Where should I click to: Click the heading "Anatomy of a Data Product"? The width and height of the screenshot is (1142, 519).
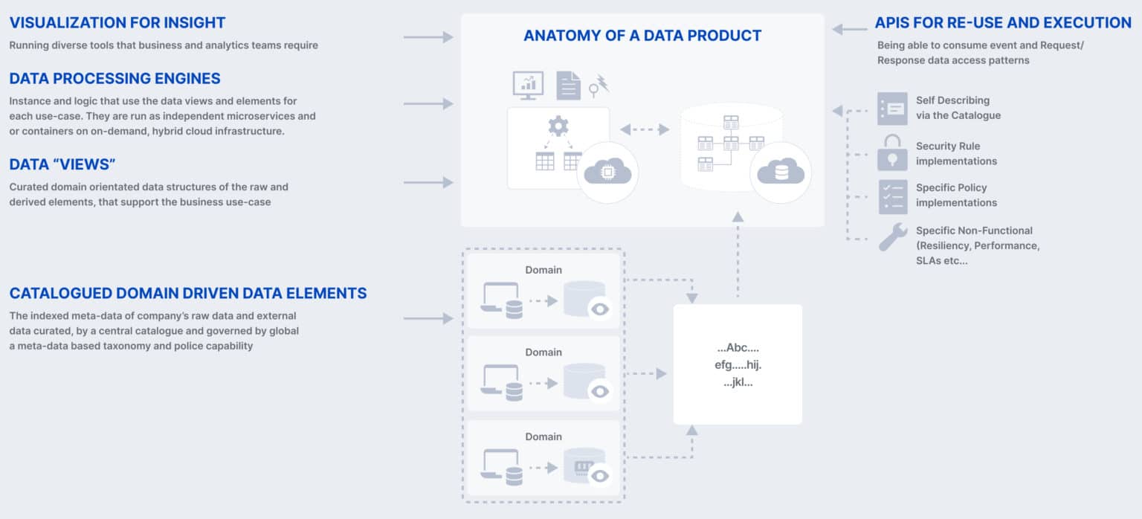click(x=642, y=35)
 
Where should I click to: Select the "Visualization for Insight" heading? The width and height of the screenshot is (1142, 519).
click(x=117, y=23)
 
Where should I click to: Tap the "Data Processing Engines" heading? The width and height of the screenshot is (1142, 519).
click(x=114, y=78)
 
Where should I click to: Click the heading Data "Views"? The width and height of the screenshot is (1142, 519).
click(x=62, y=164)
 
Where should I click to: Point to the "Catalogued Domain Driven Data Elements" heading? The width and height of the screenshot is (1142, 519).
click(x=188, y=293)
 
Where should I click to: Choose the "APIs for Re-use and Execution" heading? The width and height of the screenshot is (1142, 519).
click(x=1004, y=23)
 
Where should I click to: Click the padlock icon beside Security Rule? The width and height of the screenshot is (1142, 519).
click(x=892, y=152)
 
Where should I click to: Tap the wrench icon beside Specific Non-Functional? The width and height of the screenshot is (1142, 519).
click(x=892, y=237)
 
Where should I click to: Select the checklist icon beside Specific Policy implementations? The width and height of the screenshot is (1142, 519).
click(x=892, y=196)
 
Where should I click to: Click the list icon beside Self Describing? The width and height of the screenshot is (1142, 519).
click(x=892, y=109)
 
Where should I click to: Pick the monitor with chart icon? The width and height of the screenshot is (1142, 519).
click(x=528, y=86)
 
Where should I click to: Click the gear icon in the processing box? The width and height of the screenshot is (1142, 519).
click(x=558, y=126)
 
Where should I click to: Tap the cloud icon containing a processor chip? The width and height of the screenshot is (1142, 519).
click(x=607, y=173)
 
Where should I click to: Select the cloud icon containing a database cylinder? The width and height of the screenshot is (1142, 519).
click(x=781, y=173)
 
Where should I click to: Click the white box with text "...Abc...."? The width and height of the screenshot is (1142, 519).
click(x=738, y=364)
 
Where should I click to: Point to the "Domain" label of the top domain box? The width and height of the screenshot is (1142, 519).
click(x=543, y=269)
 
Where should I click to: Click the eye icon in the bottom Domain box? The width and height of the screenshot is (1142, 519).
click(x=600, y=475)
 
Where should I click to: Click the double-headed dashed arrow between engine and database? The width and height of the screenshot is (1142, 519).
click(x=645, y=129)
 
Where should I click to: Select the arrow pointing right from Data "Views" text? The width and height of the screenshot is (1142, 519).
click(x=428, y=182)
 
